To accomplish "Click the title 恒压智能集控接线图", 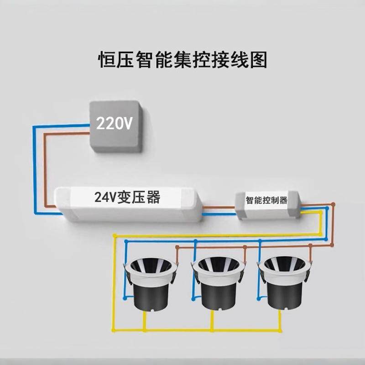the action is [182, 60].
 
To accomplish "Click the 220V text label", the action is [114, 122].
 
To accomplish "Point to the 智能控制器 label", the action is [266, 200].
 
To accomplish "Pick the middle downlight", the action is [217, 283].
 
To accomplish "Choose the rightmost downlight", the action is [285, 283].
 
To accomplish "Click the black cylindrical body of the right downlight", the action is [285, 297].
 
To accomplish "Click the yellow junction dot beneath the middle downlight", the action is [213, 329].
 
